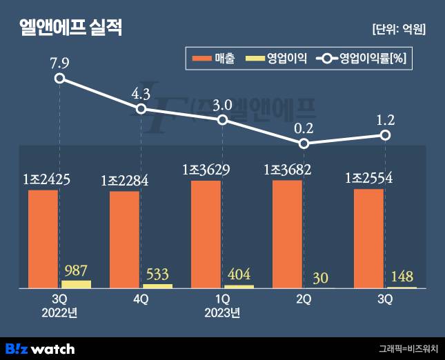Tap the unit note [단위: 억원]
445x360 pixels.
[x=398, y=29]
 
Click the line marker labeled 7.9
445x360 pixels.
[x=60, y=78]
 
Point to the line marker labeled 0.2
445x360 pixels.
[x=304, y=143]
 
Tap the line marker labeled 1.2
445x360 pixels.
[x=386, y=135]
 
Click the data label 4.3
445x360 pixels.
[x=141, y=93]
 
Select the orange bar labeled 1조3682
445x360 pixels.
[x=287, y=234]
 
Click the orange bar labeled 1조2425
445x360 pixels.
[x=43, y=239]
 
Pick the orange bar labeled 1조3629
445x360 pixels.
[x=206, y=234]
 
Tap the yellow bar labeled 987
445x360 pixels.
[x=76, y=283]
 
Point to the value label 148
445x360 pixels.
[x=401, y=277]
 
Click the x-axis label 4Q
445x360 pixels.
[x=141, y=299]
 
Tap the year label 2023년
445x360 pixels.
[x=221, y=313]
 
